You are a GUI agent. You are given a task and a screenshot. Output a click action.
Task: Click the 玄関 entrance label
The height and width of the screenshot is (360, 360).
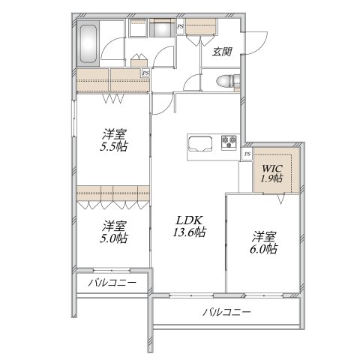(x=221, y=52)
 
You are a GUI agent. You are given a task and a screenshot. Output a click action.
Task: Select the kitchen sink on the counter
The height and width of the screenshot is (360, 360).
(x=201, y=143)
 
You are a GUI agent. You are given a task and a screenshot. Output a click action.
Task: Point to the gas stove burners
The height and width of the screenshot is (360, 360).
(x=228, y=140)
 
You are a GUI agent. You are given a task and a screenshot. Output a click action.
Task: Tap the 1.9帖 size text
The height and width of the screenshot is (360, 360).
(x=271, y=178)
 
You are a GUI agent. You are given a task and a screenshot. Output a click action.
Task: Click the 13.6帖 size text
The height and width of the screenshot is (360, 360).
(x=189, y=232)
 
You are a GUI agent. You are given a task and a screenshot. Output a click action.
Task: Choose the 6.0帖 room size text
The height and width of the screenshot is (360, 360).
(x=264, y=248)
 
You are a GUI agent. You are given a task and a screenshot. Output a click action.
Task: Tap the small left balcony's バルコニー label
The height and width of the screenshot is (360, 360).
(x=111, y=283)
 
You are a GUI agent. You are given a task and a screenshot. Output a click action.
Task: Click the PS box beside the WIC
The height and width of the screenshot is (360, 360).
(x=247, y=154)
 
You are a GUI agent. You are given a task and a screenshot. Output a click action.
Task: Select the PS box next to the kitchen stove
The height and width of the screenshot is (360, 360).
(x=247, y=154)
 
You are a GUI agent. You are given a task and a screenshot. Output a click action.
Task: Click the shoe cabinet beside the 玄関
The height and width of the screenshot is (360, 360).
(x=202, y=28)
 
